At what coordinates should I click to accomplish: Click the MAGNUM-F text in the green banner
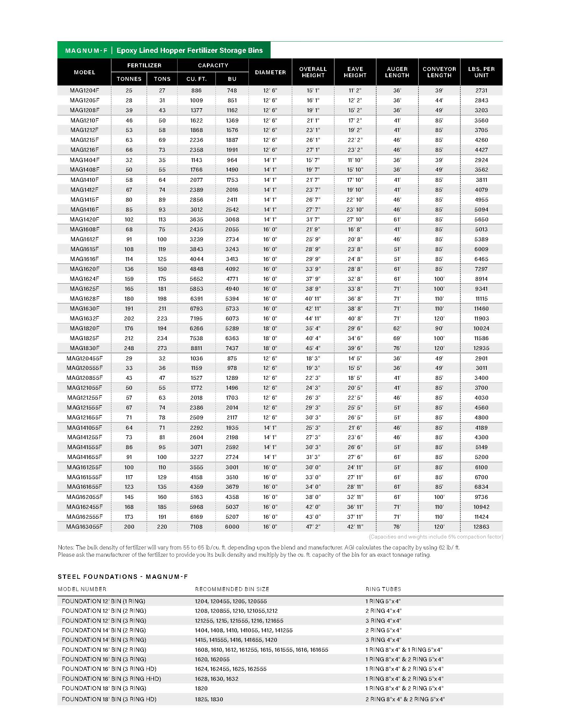pos(86,50)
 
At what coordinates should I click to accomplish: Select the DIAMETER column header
pos(270,72)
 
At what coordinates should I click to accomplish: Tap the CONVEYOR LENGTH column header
pos(439,72)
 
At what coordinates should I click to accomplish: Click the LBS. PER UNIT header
pos(481,72)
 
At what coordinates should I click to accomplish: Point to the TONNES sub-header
pos(129,79)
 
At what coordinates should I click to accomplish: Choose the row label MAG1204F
pos(84,90)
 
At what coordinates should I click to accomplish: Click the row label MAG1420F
pos(84,219)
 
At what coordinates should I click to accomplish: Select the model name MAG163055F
pos(84,527)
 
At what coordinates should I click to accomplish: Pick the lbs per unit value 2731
pos(481,90)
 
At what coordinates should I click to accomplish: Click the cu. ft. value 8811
pos(196,348)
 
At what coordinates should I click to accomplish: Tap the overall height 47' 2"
pos(313,527)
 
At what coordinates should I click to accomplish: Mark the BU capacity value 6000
pos(232,527)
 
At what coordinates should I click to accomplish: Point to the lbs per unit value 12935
pos(481,348)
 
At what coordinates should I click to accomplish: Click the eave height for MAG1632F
pos(355,318)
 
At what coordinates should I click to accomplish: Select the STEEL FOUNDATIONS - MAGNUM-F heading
pos(123,577)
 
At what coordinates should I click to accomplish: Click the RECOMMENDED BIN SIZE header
pos(232,589)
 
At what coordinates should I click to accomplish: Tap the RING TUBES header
pos(383,589)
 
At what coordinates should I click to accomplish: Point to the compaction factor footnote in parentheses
pos(436,537)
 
